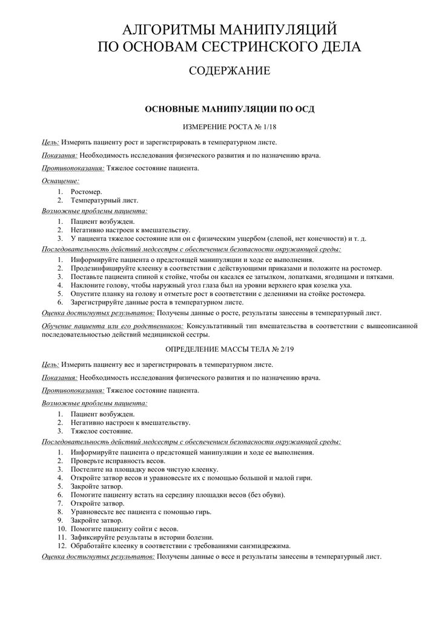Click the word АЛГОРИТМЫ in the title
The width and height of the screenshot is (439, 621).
pos(162,29)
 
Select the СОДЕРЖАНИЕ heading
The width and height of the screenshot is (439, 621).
pos(229,71)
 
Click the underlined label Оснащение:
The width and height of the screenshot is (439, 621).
pos(61,181)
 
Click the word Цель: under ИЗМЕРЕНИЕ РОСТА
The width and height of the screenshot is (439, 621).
pos(50,142)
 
